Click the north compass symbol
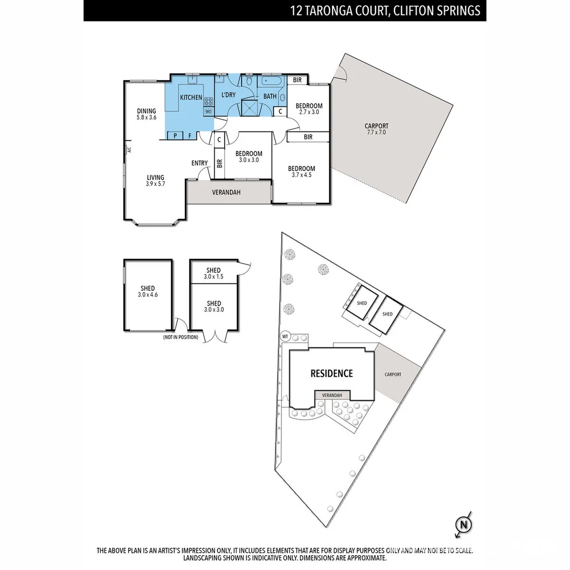click(x=463, y=525)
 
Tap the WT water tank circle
click(x=284, y=336)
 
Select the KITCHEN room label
click(x=191, y=98)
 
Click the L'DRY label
click(x=228, y=95)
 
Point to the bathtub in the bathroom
click(x=270, y=82)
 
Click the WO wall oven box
click(x=208, y=111)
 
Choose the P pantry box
click(x=174, y=136)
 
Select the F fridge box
click(x=189, y=136)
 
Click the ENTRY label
click(x=199, y=163)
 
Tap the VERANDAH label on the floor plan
click(x=226, y=193)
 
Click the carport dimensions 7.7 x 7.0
click(x=376, y=132)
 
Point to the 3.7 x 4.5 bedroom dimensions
click(x=301, y=175)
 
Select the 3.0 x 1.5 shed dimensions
click(x=214, y=277)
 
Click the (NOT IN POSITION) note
click(x=180, y=337)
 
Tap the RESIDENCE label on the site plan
click(x=331, y=374)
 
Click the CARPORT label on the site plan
click(x=393, y=375)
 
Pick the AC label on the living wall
click(x=128, y=149)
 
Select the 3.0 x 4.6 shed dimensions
click(x=148, y=295)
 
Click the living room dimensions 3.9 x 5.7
click(x=155, y=184)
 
